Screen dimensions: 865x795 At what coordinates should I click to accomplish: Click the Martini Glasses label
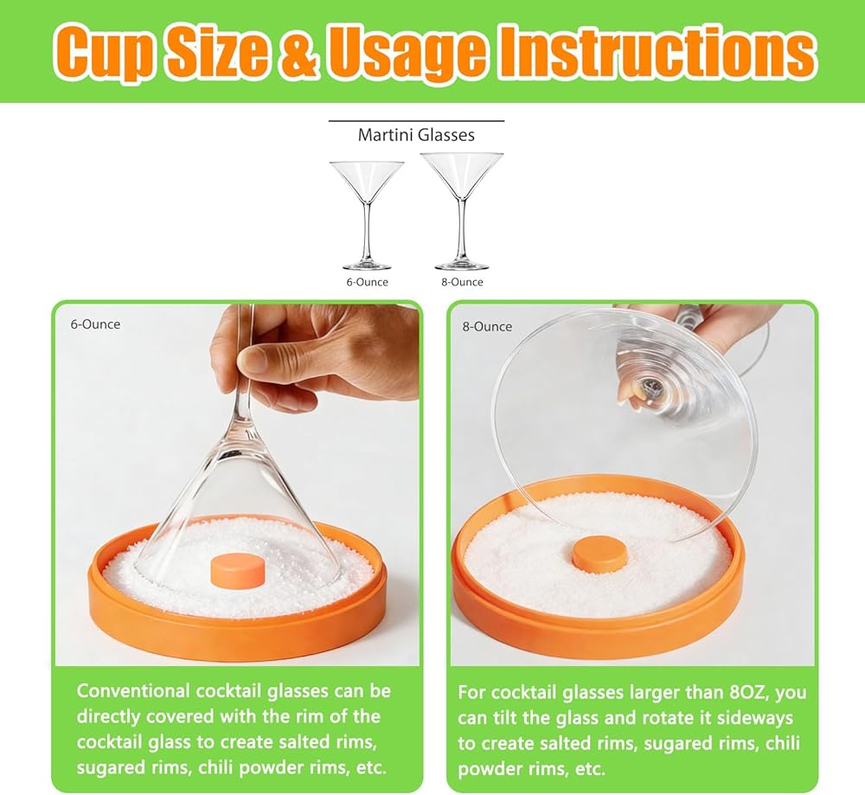[416, 135]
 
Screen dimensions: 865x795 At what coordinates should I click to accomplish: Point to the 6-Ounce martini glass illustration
[367, 215]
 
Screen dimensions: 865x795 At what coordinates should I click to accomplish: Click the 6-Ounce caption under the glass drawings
[367, 282]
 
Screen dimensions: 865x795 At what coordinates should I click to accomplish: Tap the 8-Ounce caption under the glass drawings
[462, 282]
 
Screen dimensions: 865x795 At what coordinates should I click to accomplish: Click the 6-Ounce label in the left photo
[95, 324]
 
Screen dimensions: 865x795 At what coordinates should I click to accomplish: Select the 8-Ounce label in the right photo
[487, 327]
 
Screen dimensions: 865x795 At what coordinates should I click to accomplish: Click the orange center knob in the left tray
[238, 571]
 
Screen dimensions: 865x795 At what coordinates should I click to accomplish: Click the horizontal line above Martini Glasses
[417, 120]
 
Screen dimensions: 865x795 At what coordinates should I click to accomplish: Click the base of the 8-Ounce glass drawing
[462, 266]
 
